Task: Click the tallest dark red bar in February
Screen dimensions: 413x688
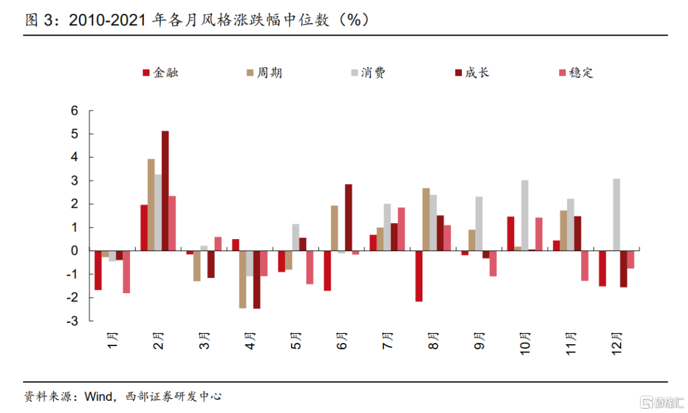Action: (x=165, y=191)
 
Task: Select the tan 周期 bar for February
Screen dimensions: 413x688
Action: (x=151, y=205)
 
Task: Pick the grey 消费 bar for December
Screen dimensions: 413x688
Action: (x=616, y=215)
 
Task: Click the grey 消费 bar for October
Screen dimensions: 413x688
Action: (x=524, y=215)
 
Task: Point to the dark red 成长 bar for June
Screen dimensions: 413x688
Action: (x=348, y=217)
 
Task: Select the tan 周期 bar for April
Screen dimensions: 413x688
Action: (x=243, y=279)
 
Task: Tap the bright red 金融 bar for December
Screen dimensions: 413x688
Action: (x=602, y=268)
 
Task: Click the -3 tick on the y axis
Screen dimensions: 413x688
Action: (x=72, y=321)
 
